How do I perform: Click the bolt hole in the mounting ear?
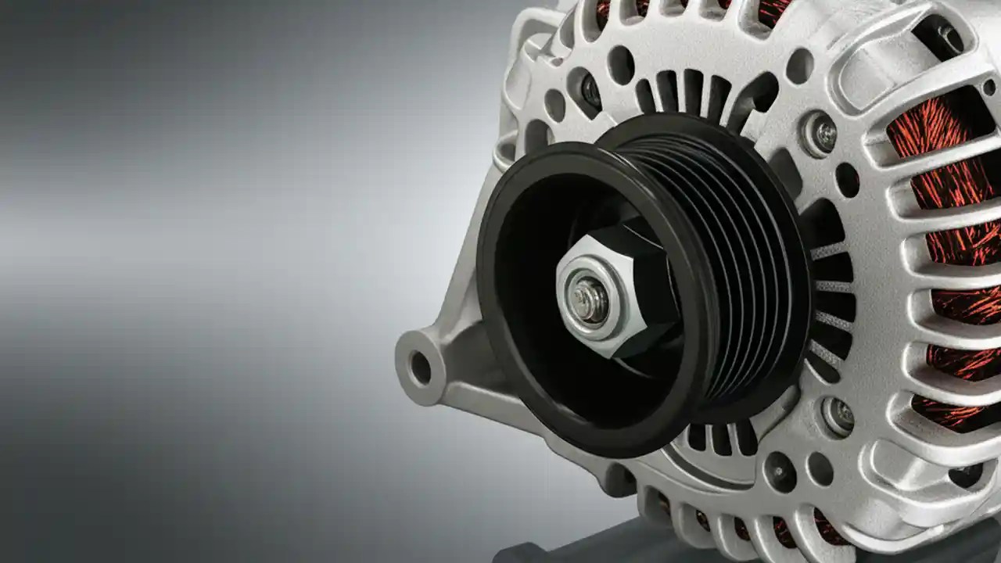pyautogui.click(x=420, y=368)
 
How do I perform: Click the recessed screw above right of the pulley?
pyautogui.click(x=823, y=134)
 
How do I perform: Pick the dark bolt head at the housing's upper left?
pyautogui.click(x=590, y=91)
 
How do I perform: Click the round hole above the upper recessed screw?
pyautogui.click(x=800, y=66)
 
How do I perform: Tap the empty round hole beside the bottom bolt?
pyautogui.click(x=820, y=469)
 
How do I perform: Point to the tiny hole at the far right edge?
pyautogui.click(x=989, y=86)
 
